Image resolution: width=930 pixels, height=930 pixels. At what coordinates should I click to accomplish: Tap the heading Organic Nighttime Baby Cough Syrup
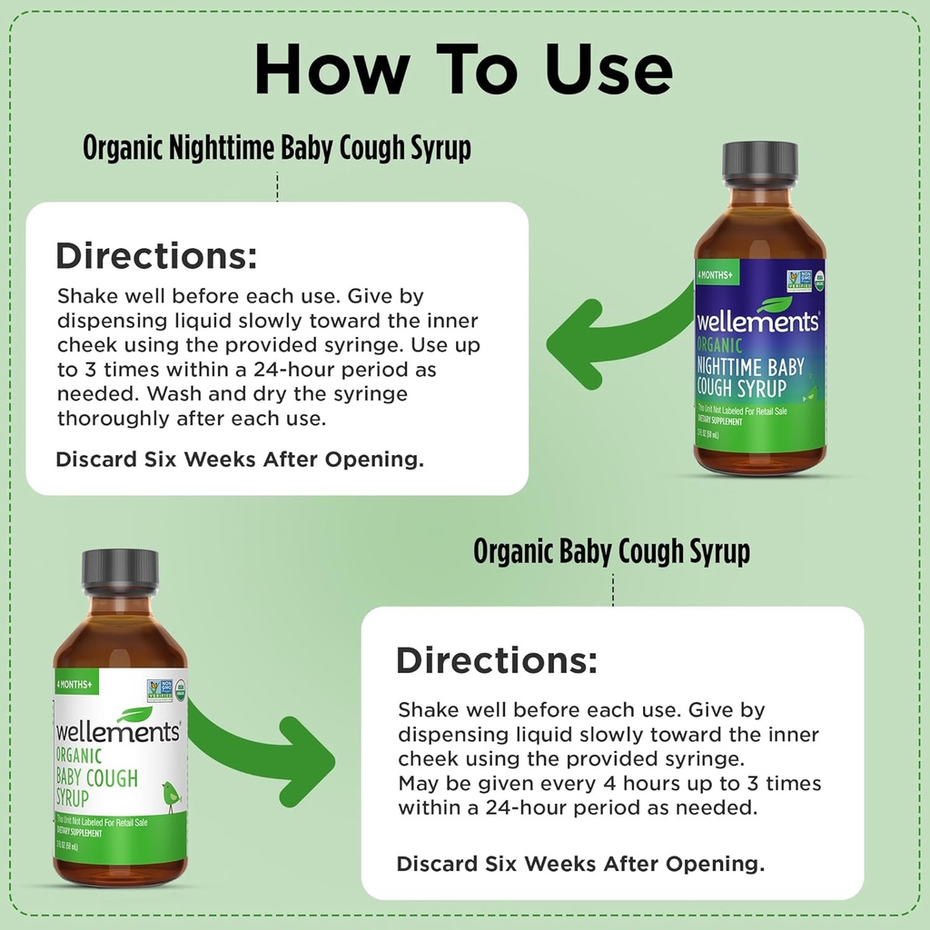277,148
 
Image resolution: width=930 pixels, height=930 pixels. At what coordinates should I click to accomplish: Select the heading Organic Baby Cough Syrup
611,551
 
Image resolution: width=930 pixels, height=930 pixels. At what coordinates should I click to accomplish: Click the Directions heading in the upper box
157,256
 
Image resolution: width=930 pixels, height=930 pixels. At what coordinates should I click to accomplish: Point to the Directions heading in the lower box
497,660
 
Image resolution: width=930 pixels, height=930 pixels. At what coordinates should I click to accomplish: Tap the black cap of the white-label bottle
120,569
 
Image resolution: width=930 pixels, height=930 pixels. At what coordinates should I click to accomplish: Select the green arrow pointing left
618,341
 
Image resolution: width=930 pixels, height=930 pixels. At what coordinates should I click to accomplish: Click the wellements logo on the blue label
757,321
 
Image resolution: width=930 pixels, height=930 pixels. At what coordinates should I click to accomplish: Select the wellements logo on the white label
118,730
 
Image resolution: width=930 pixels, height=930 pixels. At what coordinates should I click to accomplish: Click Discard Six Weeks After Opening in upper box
240,460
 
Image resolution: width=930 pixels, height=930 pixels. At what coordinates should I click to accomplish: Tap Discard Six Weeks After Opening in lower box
580,864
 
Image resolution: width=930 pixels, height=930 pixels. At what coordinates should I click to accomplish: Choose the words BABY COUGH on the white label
97,778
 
